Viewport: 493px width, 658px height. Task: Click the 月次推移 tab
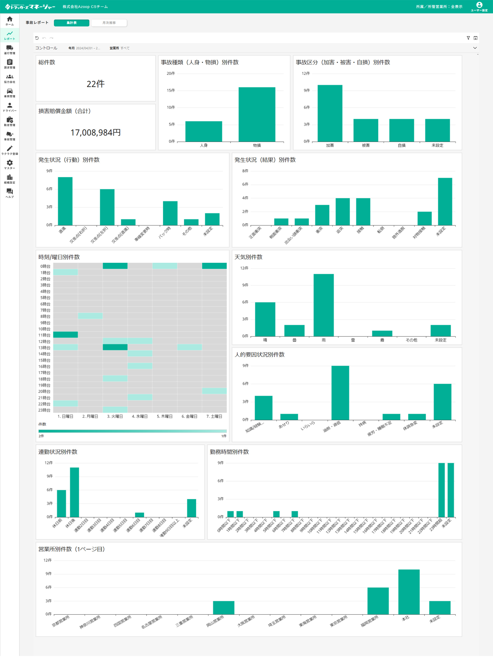click(109, 23)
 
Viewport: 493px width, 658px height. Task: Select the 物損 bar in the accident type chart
click(257, 115)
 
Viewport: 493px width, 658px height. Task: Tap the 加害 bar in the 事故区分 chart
click(330, 113)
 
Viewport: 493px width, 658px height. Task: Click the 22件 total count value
click(96, 84)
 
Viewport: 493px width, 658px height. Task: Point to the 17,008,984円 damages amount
click(96, 132)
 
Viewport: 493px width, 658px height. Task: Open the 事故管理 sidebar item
click(10, 136)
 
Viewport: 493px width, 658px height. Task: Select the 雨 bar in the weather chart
click(323, 305)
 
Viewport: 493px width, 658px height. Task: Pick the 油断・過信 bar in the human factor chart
click(340, 393)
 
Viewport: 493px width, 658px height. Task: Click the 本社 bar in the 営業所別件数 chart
click(409, 592)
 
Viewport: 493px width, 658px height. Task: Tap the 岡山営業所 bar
click(223, 607)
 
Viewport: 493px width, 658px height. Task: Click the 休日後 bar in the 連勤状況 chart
click(74, 492)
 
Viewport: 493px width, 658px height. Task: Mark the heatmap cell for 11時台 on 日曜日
click(66, 335)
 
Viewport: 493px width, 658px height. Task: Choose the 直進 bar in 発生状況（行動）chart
click(65, 201)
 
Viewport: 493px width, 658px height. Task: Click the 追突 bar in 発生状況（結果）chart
click(342, 212)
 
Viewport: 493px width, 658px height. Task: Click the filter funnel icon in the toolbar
click(468, 38)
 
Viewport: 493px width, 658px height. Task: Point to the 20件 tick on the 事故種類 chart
click(171, 73)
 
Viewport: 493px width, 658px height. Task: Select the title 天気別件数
click(248, 257)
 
